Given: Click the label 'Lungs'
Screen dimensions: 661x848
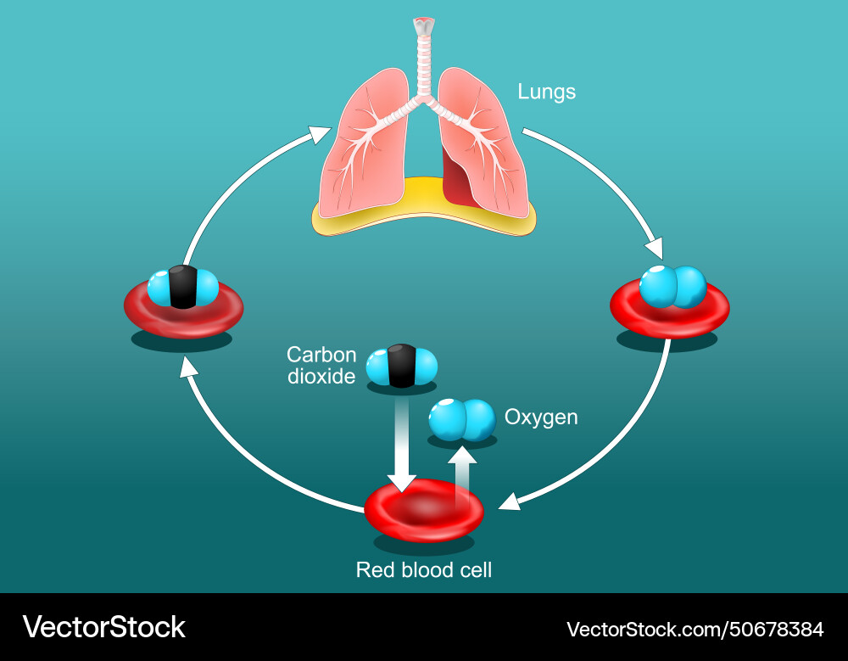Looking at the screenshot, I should [547, 92].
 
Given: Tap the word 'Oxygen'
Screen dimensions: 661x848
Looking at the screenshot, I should [541, 417].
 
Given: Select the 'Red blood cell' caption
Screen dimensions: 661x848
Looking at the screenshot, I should [423, 569].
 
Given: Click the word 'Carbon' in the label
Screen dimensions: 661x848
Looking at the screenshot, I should [321, 355].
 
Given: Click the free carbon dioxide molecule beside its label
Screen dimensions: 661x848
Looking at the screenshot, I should [401, 367].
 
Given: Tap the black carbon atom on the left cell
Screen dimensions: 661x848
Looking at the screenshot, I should [182, 287].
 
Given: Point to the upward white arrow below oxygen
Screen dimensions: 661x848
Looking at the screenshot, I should [462, 475].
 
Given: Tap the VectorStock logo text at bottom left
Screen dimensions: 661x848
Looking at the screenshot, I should [103, 627].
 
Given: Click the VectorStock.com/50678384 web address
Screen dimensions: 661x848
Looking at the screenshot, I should [695, 630].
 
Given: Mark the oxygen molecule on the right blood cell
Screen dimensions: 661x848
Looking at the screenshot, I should [672, 287].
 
